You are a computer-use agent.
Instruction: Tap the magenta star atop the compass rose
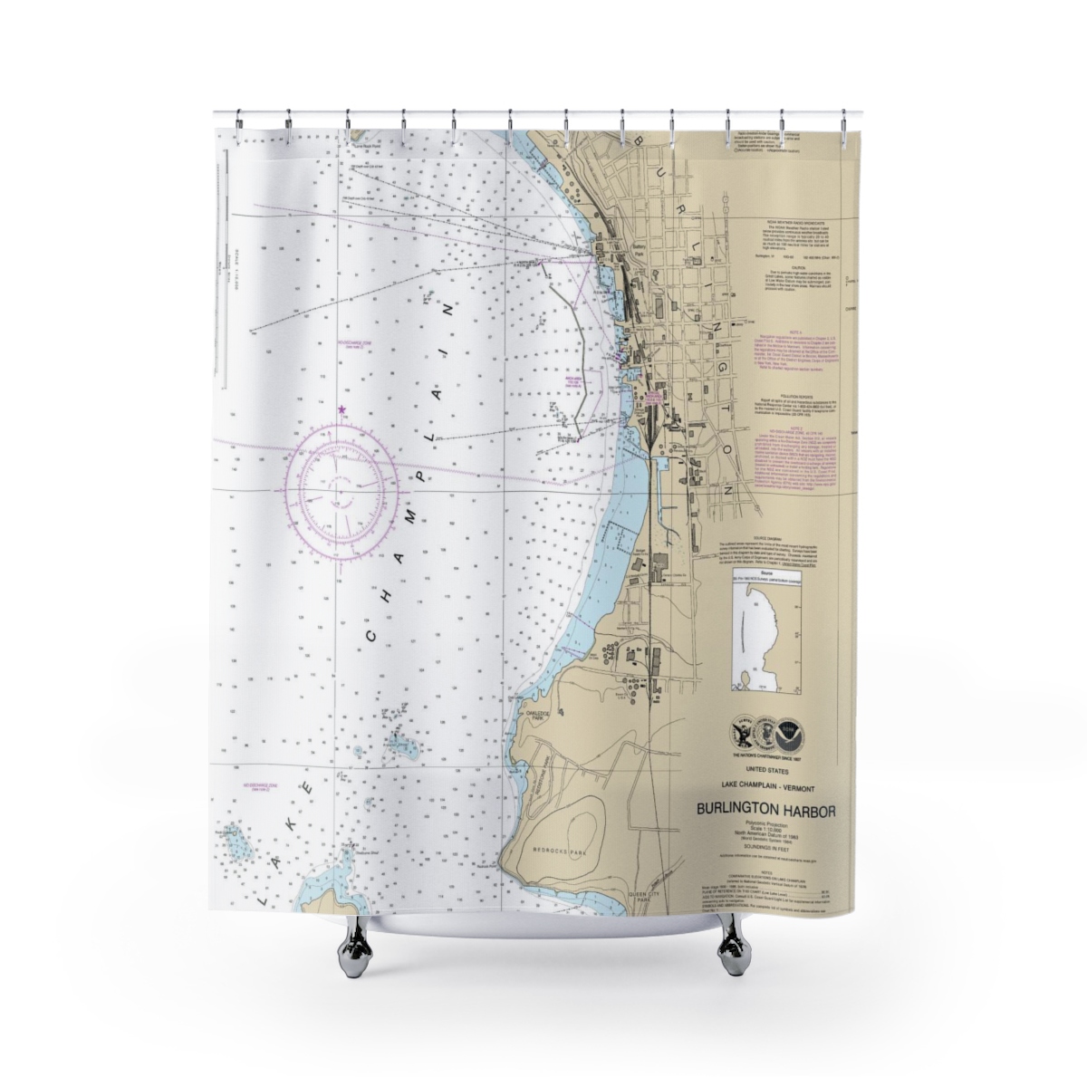point(341,409)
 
